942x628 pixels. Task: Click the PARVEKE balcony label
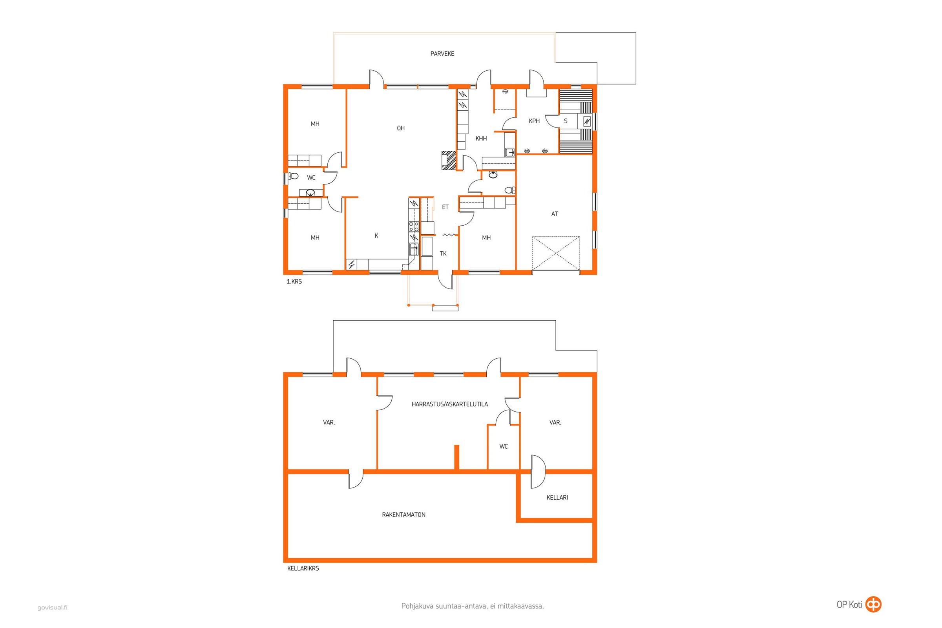click(442, 54)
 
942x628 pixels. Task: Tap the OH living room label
click(400, 128)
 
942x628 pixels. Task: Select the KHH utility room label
click(481, 139)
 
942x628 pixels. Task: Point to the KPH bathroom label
click(534, 121)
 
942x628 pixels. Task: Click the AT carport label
click(555, 214)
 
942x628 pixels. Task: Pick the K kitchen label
click(376, 236)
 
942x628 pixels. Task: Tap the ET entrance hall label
click(445, 207)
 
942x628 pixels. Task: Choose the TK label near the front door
click(443, 254)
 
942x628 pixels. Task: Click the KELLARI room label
click(557, 497)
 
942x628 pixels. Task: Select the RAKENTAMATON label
click(404, 515)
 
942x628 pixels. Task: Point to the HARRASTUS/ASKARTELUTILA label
click(450, 404)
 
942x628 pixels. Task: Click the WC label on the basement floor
click(504, 446)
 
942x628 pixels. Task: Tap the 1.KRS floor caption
click(294, 281)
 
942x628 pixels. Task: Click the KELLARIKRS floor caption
click(303, 568)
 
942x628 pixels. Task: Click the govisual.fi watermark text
click(53, 608)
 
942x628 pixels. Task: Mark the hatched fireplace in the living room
click(449, 160)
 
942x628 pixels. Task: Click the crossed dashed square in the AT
click(556, 253)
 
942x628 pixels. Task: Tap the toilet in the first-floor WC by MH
click(294, 176)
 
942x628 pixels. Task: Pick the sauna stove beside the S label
click(587, 121)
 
